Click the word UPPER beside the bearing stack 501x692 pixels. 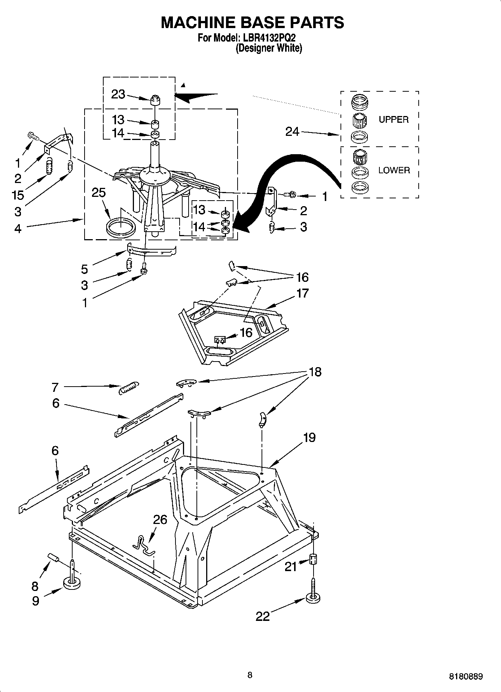tap(393, 120)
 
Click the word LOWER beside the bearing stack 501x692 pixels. tap(394, 170)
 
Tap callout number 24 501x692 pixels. tap(292, 132)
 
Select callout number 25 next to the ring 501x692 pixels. tap(99, 193)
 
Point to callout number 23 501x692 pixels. tap(118, 94)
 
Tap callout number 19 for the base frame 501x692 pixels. tap(309, 437)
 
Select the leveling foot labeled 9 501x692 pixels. tap(73, 583)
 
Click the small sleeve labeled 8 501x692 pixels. tap(53, 558)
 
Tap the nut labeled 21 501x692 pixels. tap(313, 560)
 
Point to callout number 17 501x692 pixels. tap(302, 293)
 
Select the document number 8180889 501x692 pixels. tap(465, 677)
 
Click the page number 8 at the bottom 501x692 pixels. tap(250, 675)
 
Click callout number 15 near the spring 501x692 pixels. tap(18, 195)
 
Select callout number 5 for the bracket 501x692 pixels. tap(85, 269)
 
